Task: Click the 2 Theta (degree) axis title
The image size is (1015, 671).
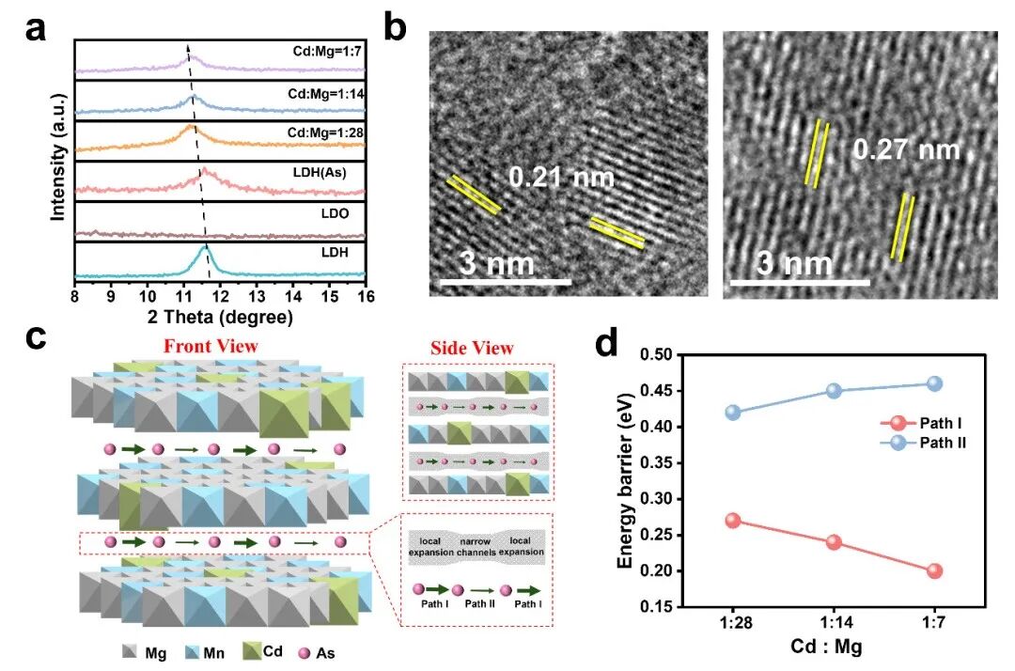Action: [x=219, y=318]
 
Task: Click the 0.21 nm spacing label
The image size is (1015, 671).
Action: [x=562, y=177]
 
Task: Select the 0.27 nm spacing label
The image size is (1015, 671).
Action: [x=907, y=148]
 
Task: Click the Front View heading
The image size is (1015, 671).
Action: [x=211, y=346]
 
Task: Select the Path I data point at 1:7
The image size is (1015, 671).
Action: [x=934, y=570]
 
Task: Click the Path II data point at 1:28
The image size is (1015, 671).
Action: [x=733, y=413]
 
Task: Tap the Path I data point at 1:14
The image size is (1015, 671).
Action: [x=834, y=542]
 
